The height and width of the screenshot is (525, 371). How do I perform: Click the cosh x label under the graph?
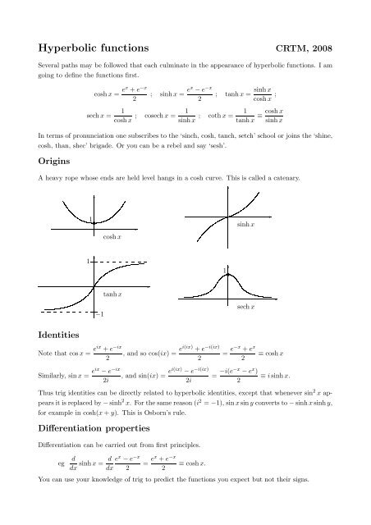pos(113,237)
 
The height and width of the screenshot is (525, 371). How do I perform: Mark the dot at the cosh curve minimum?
pos(95,221)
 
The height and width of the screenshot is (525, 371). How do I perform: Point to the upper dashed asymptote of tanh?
pos(123,261)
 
